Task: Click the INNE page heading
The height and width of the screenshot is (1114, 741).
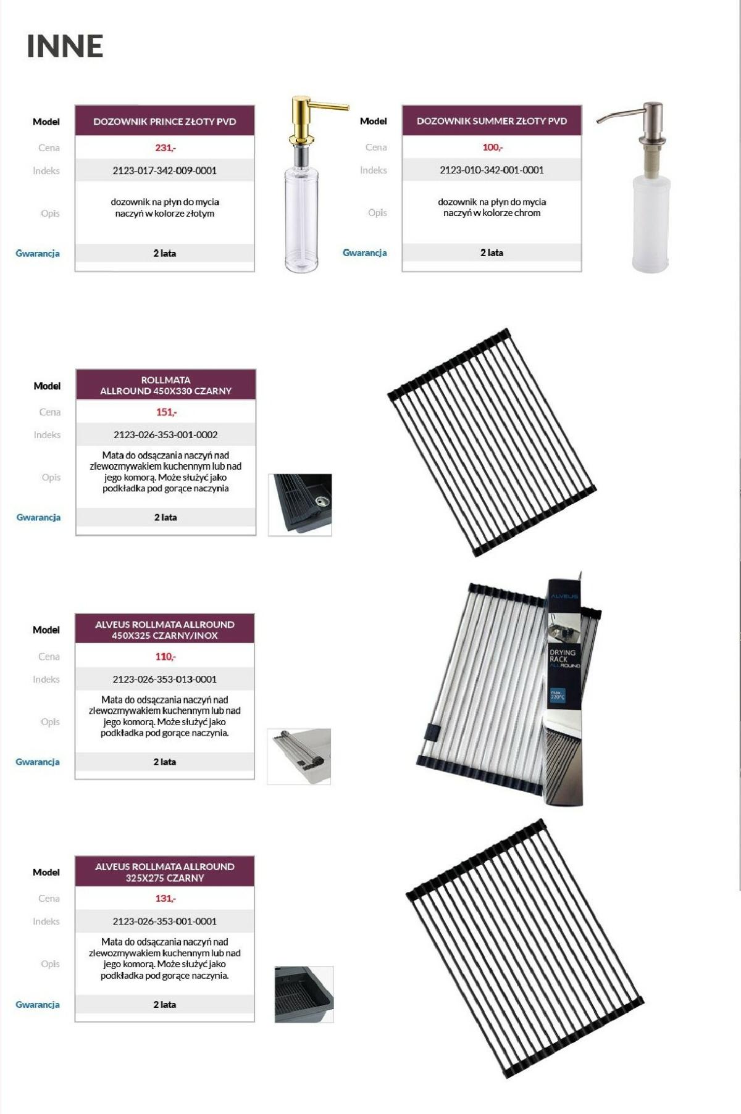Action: [x=65, y=46]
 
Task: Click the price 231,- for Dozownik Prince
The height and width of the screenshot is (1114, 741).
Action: [x=165, y=148]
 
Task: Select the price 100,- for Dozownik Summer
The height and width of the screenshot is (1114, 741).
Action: [x=492, y=147]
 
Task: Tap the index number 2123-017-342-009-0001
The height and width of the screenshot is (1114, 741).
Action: [x=165, y=170]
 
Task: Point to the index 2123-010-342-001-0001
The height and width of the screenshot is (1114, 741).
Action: [x=492, y=170]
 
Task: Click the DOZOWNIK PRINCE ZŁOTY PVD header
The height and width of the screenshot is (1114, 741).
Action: [x=165, y=122]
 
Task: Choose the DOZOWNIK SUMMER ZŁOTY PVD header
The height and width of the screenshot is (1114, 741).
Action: [x=492, y=121]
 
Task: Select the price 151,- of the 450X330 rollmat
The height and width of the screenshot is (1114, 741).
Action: [x=166, y=412]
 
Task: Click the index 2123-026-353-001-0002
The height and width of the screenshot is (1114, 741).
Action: [x=165, y=434]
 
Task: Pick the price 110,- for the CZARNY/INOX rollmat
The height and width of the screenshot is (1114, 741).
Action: [x=165, y=657]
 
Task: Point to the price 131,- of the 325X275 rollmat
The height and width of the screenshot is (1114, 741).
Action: [x=165, y=899]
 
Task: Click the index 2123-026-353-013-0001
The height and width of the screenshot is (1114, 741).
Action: [x=165, y=679]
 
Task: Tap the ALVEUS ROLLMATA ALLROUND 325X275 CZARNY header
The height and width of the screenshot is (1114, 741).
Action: [x=165, y=872]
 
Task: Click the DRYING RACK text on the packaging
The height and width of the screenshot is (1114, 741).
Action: [x=563, y=655]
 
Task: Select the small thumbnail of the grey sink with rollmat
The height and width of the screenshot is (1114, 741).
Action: [x=299, y=757]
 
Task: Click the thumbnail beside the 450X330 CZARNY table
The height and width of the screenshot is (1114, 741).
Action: [x=300, y=505]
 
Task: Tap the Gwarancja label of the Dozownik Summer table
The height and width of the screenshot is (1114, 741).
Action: [x=365, y=252]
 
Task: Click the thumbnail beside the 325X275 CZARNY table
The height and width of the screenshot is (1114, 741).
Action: [x=304, y=994]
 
